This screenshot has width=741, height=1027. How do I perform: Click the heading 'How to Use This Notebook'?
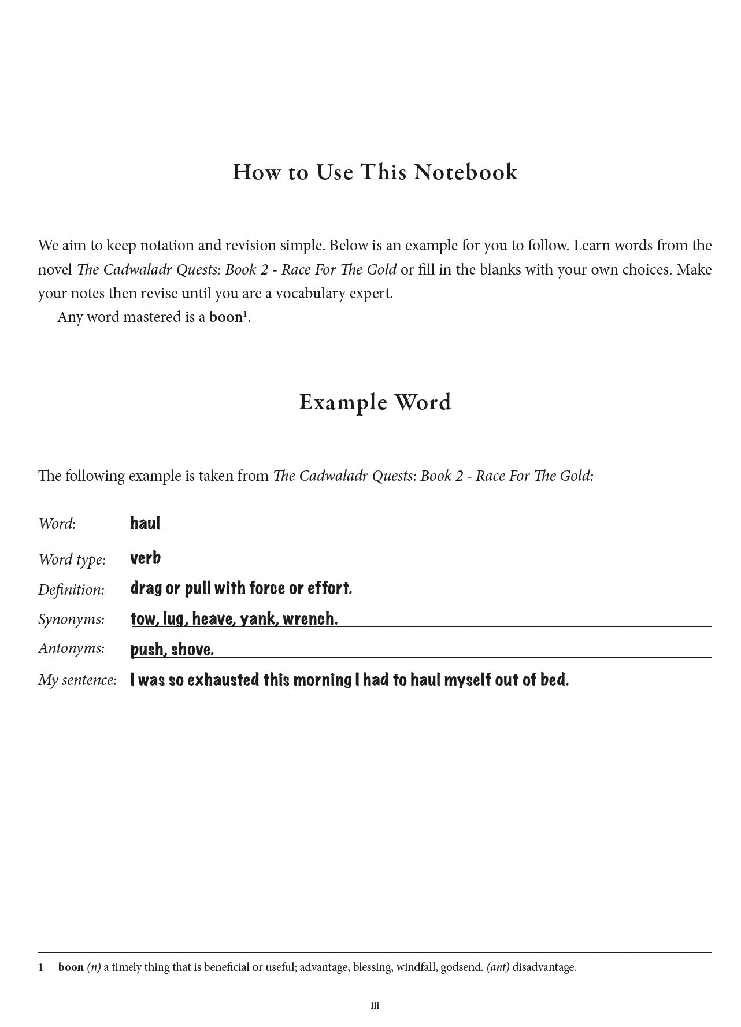pos(375,172)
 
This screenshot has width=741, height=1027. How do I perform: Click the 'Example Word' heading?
pos(375,402)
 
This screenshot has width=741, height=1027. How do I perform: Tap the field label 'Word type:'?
pos(72,559)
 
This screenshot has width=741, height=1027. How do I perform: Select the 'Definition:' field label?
pos(72,589)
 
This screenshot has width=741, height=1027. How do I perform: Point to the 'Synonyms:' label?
pos(72,620)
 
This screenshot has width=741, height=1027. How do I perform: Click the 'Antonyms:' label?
pos(72,648)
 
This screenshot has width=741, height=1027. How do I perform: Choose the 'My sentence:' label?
pos(77,680)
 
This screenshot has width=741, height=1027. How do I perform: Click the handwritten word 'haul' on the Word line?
pos(145,524)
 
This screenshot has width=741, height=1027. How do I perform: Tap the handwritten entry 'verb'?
pos(146,558)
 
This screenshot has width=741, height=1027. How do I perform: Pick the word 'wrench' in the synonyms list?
pos(309,619)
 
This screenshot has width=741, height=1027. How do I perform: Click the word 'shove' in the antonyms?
pos(192,650)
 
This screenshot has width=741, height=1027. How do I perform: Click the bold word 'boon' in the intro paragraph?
pos(225,317)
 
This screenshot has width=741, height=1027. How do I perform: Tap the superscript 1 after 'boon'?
pos(245,314)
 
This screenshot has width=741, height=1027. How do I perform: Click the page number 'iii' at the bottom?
pos(375,1006)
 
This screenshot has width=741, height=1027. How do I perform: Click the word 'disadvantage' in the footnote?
pos(543,967)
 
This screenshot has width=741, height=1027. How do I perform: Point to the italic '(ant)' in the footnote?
pos(498,967)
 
